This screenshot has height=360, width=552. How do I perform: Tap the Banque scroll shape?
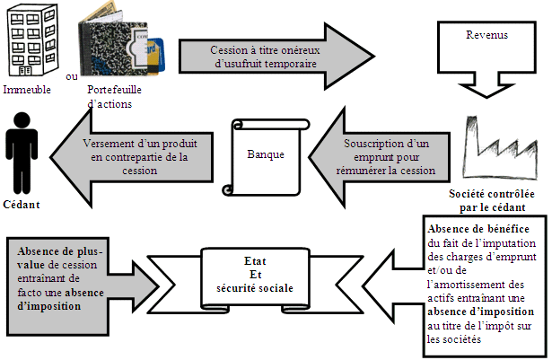click(x=266, y=154)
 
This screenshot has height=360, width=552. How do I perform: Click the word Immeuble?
click(x=27, y=90)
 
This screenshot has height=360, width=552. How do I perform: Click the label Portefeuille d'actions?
click(x=113, y=97)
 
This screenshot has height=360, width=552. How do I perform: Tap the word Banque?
click(x=266, y=154)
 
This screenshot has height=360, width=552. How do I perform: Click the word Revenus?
click(x=486, y=36)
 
